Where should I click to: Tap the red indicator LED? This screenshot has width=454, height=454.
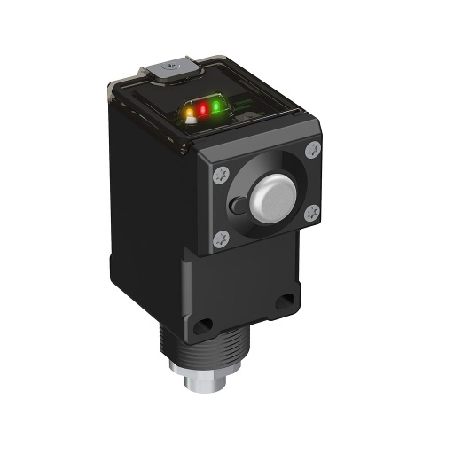coord(202,110)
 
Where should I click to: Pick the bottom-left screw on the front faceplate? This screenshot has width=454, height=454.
coord(222,236)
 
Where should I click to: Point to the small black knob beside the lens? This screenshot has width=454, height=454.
coord(234,206)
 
